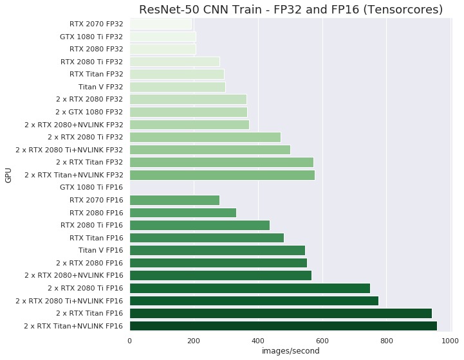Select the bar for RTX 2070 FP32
point(161,24)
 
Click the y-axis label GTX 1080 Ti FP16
point(91,187)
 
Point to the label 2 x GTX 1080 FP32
point(89,112)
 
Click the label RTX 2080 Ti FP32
point(91,62)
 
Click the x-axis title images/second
point(290,351)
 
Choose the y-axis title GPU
point(8,175)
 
